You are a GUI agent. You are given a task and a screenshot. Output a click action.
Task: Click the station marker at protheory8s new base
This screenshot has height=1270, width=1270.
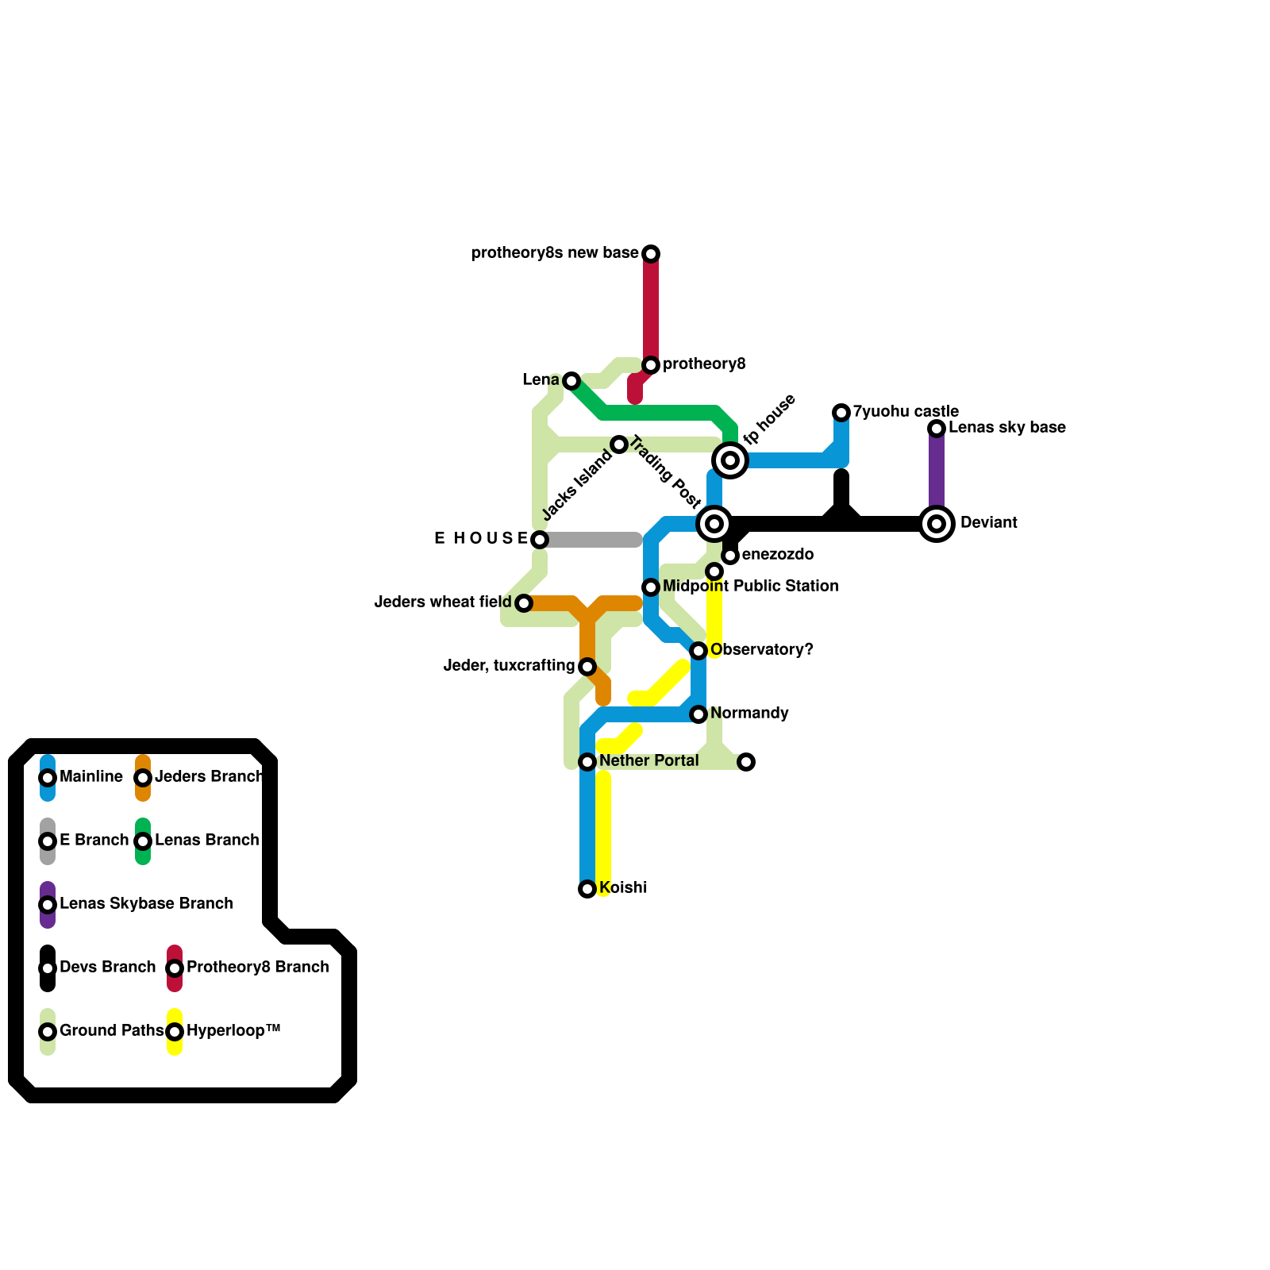click(x=651, y=254)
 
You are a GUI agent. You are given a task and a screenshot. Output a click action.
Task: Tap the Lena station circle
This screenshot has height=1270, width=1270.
click(x=571, y=381)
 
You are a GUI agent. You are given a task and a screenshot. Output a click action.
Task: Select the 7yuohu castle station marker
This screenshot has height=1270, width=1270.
click(x=841, y=413)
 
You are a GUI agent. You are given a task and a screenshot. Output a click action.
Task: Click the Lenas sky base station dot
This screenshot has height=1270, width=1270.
click(x=937, y=429)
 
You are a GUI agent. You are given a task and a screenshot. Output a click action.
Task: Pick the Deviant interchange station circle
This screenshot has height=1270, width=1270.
click(x=937, y=524)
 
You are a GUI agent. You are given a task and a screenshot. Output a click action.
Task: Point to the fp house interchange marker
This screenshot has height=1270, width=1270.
click(x=730, y=460)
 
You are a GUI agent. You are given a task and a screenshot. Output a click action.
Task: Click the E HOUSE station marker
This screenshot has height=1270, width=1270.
click(x=540, y=540)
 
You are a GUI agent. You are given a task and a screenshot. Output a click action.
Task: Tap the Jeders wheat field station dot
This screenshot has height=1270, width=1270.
click(x=524, y=603)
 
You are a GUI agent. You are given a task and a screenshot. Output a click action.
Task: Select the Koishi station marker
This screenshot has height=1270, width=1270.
click(x=587, y=889)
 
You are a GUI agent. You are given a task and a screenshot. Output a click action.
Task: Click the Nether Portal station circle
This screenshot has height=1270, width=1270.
click(x=587, y=762)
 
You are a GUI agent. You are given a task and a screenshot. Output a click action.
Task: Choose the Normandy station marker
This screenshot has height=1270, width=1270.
click(x=698, y=714)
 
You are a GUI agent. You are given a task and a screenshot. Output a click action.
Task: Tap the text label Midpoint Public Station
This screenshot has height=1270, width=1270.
click(x=750, y=587)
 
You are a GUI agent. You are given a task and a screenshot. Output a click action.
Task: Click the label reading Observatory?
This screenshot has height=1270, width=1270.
click(x=761, y=650)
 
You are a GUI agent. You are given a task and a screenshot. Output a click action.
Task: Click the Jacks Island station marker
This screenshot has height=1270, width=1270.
click(x=619, y=444)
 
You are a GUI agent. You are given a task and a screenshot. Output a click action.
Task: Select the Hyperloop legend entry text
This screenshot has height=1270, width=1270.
click(x=233, y=1031)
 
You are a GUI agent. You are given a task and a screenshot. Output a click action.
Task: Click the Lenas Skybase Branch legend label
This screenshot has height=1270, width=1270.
click(x=146, y=904)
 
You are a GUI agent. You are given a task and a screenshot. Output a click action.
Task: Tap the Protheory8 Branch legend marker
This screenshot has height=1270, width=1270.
click(x=175, y=968)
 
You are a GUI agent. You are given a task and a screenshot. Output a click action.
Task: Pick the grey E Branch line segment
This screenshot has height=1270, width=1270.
click(x=591, y=540)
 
